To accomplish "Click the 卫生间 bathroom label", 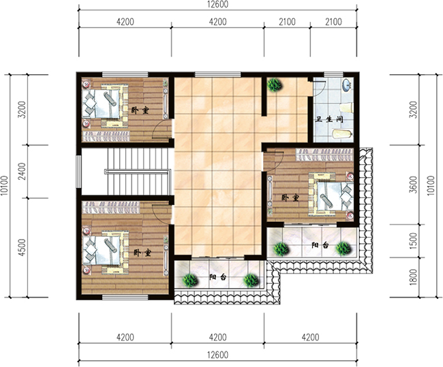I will (x=329, y=119).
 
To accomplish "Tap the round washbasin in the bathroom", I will (x=346, y=86).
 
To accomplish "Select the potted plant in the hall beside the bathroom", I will (x=275, y=85).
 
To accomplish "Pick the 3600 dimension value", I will (x=414, y=185).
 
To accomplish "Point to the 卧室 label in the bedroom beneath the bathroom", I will (x=290, y=198).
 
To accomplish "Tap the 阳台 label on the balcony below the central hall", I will (x=218, y=278).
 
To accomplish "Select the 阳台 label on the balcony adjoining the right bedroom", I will (x=320, y=245).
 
